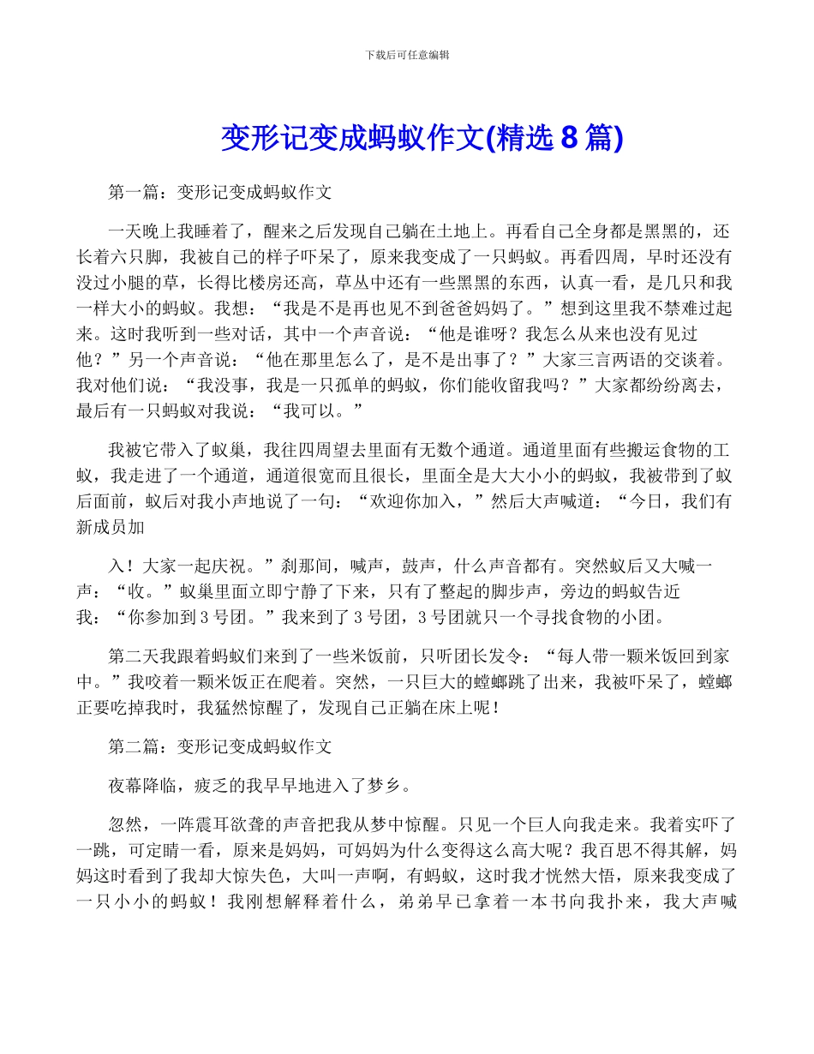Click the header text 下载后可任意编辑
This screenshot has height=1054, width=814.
pos(407,55)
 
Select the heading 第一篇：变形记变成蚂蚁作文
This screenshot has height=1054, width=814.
pos(220,193)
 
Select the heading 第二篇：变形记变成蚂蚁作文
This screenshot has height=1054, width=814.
pos(220,746)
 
